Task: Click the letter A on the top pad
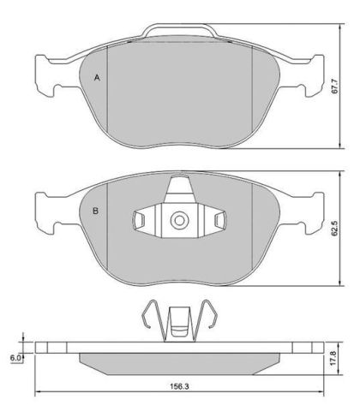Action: [97, 77]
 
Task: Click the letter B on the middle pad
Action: [96, 211]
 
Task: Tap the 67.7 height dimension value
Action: [335, 86]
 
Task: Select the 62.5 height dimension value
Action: [335, 228]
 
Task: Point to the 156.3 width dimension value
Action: [179, 386]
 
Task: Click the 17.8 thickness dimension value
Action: [333, 358]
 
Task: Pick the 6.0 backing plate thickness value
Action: [15, 358]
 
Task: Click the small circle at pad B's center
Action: [180, 220]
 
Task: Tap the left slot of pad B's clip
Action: [139, 220]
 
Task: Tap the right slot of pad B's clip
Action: [220, 220]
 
